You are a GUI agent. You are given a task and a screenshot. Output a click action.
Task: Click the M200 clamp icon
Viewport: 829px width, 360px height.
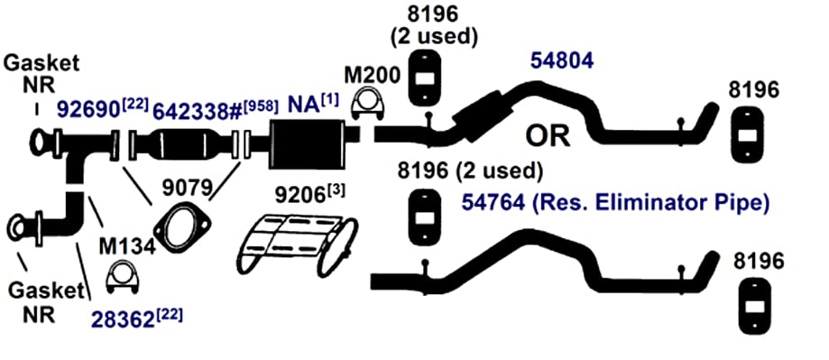tap(367, 103)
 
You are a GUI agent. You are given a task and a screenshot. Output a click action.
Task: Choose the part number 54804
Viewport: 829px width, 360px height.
tap(562, 61)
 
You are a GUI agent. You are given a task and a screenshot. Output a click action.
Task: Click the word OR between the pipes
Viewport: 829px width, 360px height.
tap(548, 136)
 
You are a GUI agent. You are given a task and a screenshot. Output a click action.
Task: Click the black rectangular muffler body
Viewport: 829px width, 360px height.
tap(306, 144)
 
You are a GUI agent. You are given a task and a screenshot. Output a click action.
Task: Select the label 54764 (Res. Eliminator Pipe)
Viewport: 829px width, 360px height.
tap(615, 202)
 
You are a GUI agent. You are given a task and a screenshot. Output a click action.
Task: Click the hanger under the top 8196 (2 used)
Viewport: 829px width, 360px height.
tap(425, 78)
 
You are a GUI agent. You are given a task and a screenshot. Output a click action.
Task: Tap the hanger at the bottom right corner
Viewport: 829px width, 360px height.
tap(751, 305)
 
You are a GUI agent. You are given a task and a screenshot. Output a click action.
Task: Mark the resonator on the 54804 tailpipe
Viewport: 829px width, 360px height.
tap(478, 116)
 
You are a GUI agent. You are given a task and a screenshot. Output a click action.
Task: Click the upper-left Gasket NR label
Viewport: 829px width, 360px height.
tap(41, 73)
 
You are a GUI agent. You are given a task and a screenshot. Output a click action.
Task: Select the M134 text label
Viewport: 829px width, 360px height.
tap(127, 248)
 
